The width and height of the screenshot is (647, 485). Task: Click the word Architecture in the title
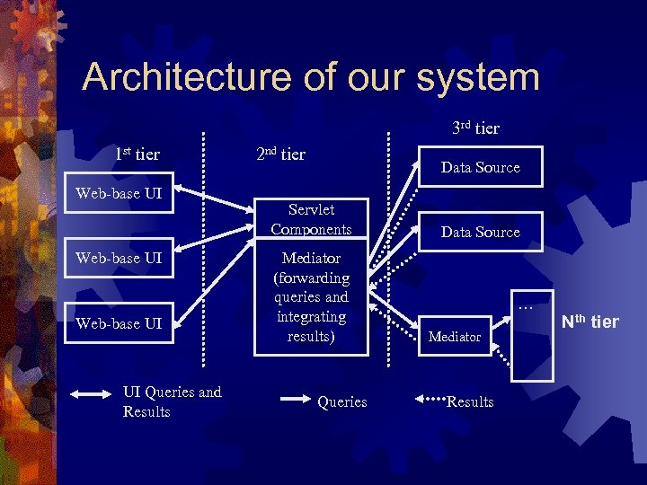point(179,78)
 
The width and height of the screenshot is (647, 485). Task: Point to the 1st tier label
point(137,154)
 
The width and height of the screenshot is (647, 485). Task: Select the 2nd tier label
point(281,154)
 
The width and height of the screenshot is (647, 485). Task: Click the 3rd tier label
point(476,128)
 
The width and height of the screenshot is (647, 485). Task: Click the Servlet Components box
point(311,219)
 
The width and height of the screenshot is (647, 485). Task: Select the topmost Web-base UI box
point(120,192)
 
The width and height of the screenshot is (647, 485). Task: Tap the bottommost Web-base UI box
point(120,323)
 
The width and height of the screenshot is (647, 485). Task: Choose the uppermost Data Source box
point(480,167)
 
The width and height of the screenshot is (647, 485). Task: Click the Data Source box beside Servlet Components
point(480,232)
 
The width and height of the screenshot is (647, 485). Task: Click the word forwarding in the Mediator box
point(311,278)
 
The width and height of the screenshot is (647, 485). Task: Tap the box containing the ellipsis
point(526,328)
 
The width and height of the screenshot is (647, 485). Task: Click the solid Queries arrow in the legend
point(293,395)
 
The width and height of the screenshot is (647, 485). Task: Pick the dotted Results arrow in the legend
point(429,395)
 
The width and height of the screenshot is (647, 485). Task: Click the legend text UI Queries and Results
point(172,401)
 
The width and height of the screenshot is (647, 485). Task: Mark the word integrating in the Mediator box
point(311,317)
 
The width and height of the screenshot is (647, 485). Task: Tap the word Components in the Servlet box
point(311,229)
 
